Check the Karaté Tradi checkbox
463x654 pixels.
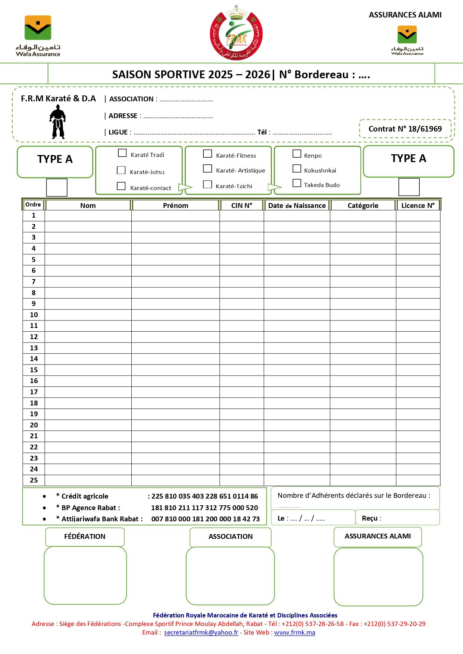coord(122,153)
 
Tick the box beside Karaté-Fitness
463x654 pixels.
coord(207,154)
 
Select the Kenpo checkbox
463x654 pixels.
coord(297,154)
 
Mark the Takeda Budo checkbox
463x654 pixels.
coord(297,183)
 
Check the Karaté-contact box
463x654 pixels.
coord(121,186)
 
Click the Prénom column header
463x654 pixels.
coord(175,206)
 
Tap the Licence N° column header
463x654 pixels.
coord(418,206)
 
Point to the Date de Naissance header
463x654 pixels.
coord(297,206)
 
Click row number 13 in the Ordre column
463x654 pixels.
coord(34,348)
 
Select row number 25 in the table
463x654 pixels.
coord(34,480)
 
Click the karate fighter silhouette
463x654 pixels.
coord(57,122)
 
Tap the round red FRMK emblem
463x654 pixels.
coord(236,34)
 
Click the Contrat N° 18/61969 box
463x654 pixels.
coord(405,129)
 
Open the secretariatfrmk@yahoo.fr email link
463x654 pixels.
coord(201,633)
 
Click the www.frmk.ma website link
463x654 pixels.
coord(294,633)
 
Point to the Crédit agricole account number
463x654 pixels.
coord(204,496)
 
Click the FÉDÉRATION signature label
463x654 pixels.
coord(85,537)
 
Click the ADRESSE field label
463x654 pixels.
coord(123,116)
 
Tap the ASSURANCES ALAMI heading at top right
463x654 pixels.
coord(405,15)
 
